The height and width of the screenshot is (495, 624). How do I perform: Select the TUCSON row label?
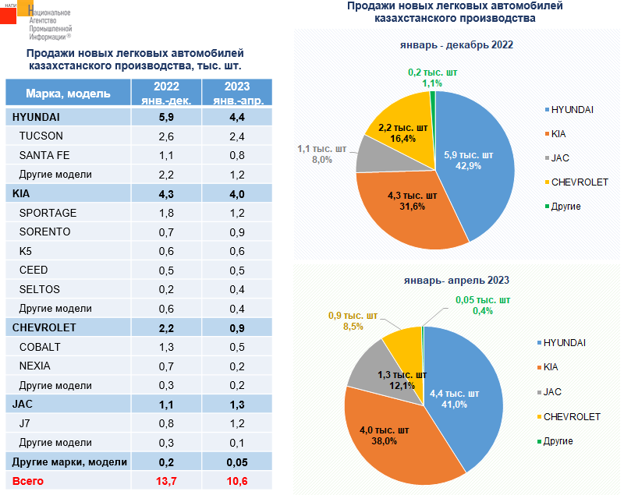tap(41, 136)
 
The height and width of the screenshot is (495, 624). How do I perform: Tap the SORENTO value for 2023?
tap(237, 232)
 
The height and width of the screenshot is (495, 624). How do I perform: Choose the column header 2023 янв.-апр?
tap(237, 93)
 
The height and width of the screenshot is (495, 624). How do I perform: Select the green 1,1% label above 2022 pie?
tap(432, 83)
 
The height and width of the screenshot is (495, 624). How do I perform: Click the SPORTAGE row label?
tap(48, 212)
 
